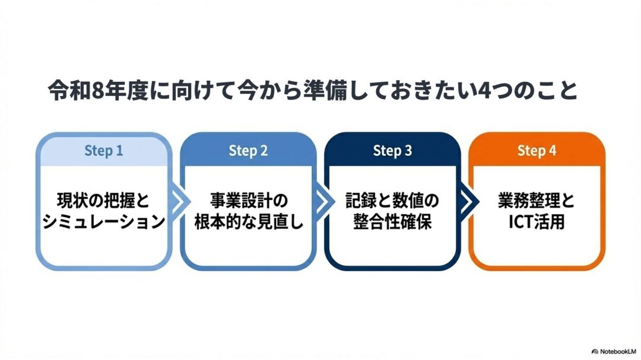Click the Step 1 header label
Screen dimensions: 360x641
click(x=103, y=151)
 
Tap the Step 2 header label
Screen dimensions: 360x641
click(x=247, y=151)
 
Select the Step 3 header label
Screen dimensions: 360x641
click(x=392, y=151)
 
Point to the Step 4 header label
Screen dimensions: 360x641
click(x=537, y=151)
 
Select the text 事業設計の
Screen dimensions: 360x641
click(x=248, y=201)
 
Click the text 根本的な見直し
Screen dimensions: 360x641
click(x=248, y=222)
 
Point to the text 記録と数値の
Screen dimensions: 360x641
click(x=392, y=201)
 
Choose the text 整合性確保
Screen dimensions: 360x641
click(x=392, y=222)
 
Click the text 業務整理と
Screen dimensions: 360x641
click(x=537, y=201)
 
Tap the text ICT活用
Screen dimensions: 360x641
click(x=537, y=222)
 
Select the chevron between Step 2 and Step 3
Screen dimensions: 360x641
click(x=320, y=202)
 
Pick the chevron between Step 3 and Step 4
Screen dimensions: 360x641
click(x=465, y=202)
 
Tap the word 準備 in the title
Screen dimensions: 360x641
click(x=354, y=92)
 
